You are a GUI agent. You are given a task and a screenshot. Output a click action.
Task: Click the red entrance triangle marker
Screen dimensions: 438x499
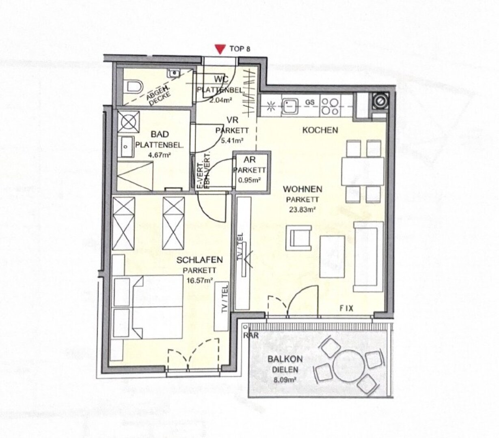[220, 49]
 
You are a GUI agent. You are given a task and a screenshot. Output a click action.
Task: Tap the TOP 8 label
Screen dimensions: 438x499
[240, 49]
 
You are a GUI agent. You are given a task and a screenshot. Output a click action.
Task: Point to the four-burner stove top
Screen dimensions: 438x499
[330, 106]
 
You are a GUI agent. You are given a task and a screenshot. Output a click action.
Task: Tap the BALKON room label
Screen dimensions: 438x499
[283, 359]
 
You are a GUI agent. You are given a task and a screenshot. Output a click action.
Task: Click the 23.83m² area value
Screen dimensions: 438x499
[302, 210]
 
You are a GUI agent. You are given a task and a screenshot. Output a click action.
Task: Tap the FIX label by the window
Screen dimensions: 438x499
[346, 309]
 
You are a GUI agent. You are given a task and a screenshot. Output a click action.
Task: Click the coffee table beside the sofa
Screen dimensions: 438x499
[332, 256]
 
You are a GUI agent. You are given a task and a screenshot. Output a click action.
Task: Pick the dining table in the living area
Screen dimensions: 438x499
[362, 171]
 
